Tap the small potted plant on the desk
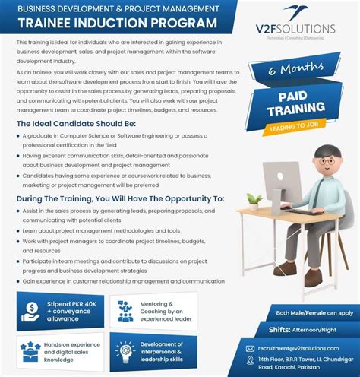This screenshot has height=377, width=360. (x=255, y=200)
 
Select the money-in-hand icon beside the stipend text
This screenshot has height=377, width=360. (x=31, y=309)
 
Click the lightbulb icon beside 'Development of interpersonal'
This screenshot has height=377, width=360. (x=126, y=351)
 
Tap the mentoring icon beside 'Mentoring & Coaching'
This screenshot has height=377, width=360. (x=126, y=309)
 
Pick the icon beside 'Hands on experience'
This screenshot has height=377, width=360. (x=31, y=351)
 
